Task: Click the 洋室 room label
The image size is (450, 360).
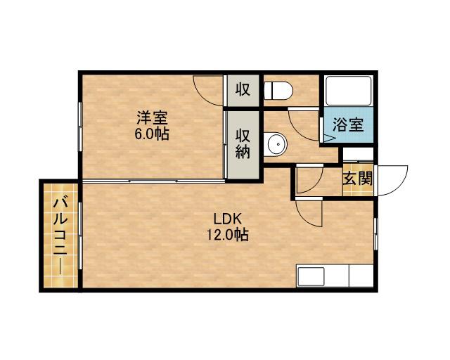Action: [152, 117]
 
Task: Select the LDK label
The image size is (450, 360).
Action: [228, 219]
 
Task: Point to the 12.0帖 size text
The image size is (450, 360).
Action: [228, 235]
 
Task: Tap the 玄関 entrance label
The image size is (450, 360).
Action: [358, 179]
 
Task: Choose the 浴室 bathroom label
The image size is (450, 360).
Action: [348, 124]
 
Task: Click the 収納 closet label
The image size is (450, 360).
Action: [243, 144]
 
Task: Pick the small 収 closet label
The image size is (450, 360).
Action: [243, 89]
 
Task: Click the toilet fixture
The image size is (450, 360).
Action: [278, 90]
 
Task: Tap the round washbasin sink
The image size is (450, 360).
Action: [276, 144]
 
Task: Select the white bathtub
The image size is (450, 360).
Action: [349, 91]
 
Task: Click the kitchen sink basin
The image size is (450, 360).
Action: [311, 276]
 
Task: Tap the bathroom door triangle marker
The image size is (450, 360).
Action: [329, 138]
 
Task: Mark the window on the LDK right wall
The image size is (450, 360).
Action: [375, 233]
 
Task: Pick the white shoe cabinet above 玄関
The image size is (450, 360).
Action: [358, 154]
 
